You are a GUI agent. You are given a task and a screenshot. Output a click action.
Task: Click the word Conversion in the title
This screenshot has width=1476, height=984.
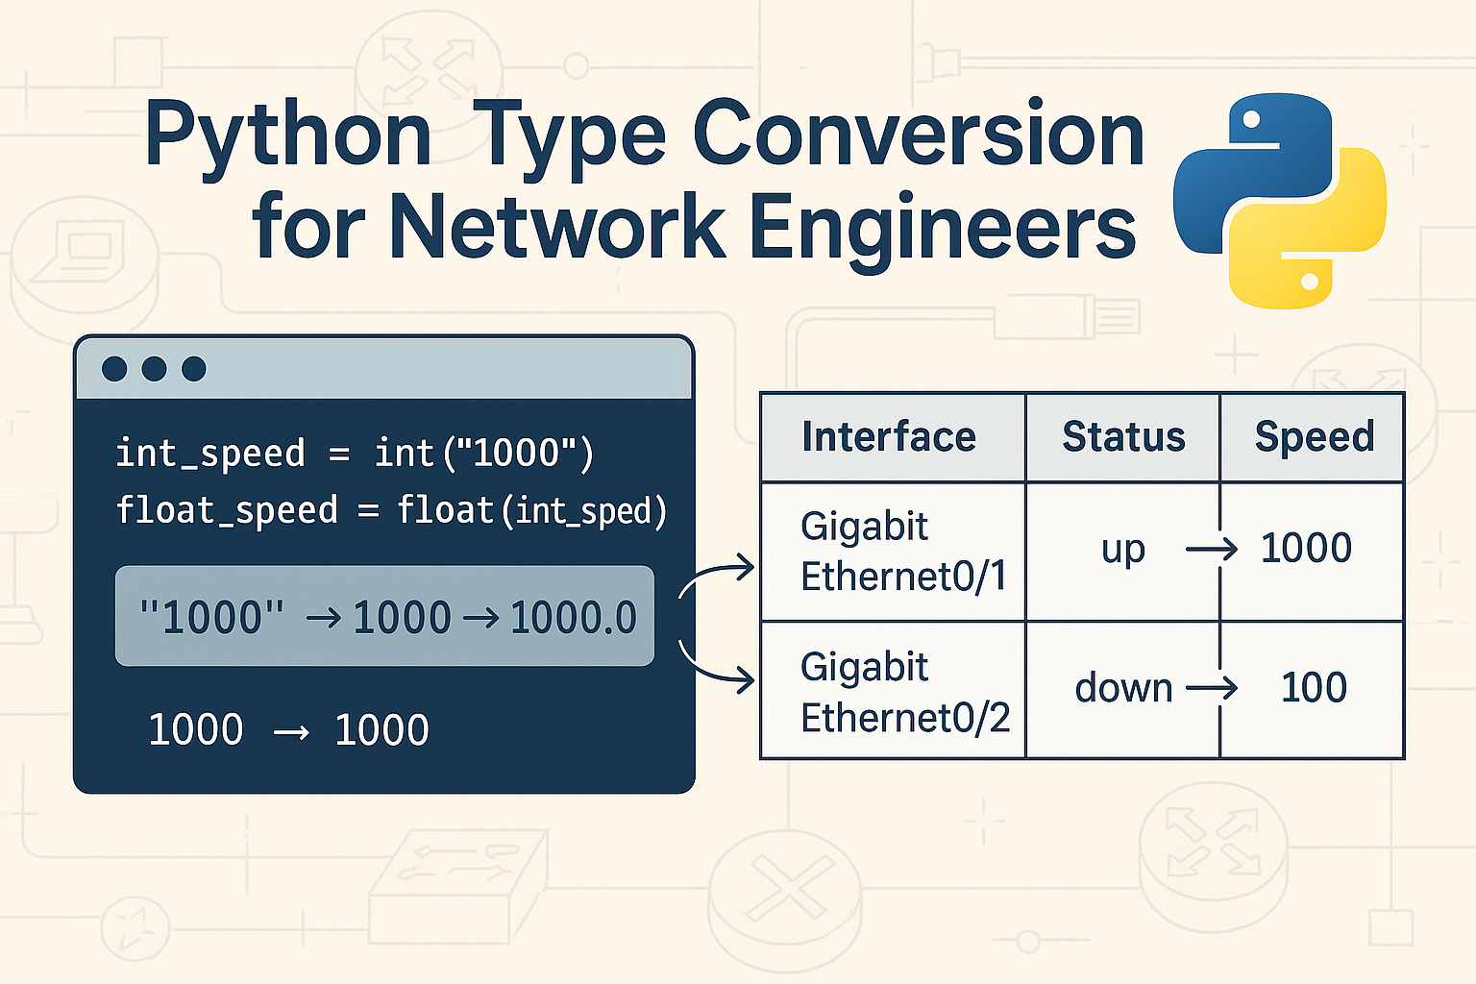918,135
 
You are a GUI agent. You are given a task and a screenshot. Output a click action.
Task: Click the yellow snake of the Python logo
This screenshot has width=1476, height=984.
1316,240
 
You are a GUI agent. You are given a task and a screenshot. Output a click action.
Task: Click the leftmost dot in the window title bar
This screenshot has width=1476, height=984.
114,369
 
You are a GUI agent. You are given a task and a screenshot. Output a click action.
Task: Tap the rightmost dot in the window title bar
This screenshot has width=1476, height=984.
194,369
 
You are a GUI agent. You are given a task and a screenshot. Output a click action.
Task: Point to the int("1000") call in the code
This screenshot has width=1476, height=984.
483,454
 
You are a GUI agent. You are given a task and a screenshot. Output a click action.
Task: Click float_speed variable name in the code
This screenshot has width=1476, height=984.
227,510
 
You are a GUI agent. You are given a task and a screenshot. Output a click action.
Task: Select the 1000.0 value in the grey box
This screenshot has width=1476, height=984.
574,617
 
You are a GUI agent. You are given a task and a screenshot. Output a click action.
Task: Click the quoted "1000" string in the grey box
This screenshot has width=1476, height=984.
212,617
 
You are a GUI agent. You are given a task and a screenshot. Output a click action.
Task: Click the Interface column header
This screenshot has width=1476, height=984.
889,437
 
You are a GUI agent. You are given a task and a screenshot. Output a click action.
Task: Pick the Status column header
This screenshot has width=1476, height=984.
1123,437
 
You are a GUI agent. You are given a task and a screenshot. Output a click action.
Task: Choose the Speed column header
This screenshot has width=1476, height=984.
1314,437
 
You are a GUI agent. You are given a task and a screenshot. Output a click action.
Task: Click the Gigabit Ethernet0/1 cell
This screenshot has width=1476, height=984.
902,552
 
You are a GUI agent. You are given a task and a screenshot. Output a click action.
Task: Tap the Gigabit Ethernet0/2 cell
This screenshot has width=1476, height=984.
904,692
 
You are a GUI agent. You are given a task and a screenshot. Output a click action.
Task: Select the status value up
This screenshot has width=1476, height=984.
1122,550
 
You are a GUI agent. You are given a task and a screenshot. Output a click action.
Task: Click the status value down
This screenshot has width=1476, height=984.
1123,688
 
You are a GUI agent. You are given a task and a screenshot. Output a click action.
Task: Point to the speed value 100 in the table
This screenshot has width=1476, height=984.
1314,688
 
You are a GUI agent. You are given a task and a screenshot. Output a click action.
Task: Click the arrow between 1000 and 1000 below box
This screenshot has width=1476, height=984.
290,733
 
